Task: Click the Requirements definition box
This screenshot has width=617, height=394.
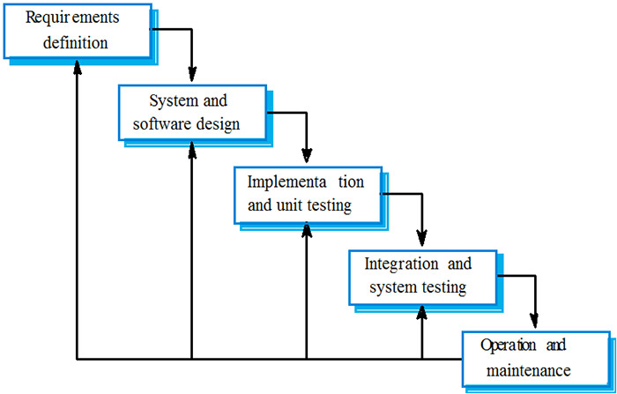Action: (x=78, y=30)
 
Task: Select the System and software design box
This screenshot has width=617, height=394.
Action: (x=192, y=111)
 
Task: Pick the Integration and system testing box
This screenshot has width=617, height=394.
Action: (x=422, y=276)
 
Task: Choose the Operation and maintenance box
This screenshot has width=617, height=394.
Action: (x=536, y=357)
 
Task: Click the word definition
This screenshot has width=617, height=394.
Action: (x=78, y=41)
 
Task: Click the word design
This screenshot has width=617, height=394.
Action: (x=218, y=123)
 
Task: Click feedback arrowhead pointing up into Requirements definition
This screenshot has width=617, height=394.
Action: (x=78, y=67)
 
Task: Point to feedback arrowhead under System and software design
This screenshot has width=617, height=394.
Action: (x=192, y=148)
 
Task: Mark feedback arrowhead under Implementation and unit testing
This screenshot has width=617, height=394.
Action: (x=307, y=231)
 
